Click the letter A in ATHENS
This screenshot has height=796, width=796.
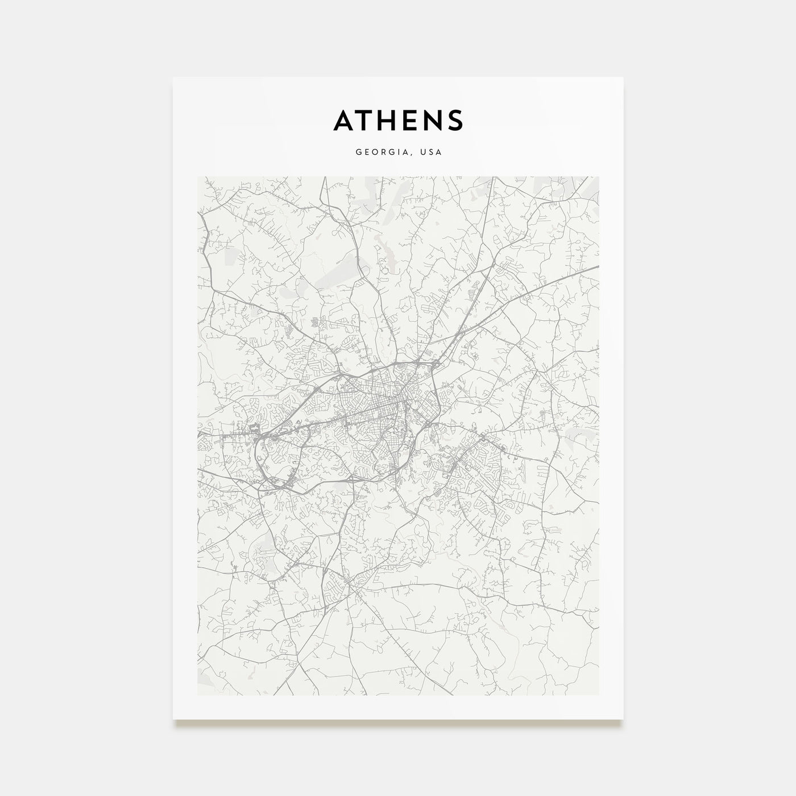(345, 120)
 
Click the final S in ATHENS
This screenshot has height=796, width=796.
(455, 120)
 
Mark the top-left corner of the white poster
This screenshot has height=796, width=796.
(173, 77)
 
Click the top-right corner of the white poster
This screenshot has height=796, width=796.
(623, 77)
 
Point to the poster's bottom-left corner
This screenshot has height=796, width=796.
(173, 719)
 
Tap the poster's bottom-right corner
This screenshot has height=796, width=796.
(623, 719)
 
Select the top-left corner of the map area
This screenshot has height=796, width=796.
(197, 177)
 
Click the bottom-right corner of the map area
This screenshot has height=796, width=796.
(599, 695)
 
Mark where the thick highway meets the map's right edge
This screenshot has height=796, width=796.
(598, 266)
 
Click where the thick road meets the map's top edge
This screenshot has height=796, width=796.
(324, 177)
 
